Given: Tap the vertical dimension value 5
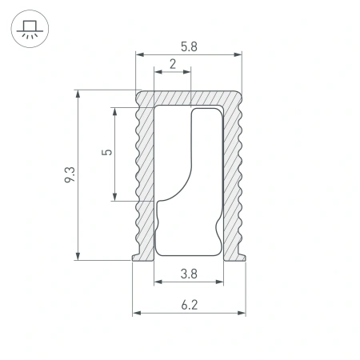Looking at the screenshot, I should (108, 153).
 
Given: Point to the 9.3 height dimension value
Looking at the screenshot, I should (70, 175).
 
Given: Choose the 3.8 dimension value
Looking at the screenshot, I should (189, 274).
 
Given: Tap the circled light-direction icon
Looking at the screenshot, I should (29, 30).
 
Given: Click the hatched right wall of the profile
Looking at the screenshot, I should (233, 176).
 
